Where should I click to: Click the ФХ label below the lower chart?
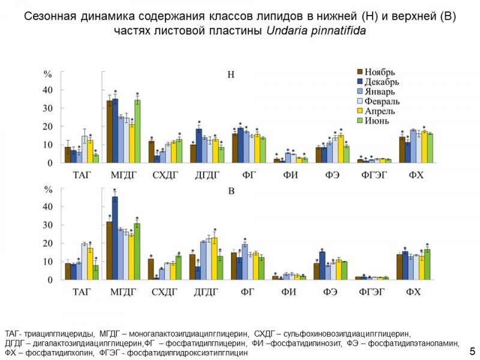coord(413,292)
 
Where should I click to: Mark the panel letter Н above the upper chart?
coord(231,75)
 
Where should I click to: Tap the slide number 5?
coord(472,350)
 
